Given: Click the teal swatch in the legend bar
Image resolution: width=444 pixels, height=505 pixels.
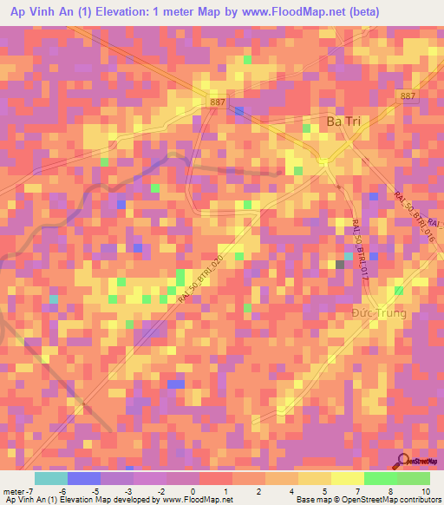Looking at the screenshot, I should [x=51, y=478].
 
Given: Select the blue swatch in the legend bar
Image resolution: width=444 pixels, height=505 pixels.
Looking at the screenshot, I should [x=84, y=478].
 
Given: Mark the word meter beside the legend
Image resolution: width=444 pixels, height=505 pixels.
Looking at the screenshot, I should [x=13, y=491].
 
